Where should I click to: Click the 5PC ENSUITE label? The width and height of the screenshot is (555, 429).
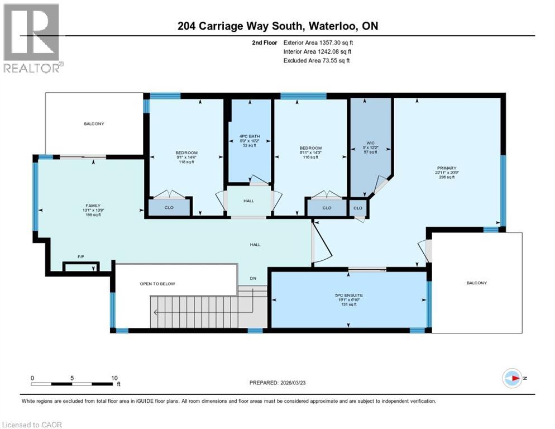(348, 294)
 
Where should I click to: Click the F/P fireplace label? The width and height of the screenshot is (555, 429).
(82, 258)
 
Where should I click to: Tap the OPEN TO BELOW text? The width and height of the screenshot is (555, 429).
(157, 284)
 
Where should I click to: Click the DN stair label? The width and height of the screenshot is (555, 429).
(252, 279)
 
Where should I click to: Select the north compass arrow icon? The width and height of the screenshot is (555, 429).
(511, 378)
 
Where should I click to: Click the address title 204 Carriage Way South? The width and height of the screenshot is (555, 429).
(277, 26)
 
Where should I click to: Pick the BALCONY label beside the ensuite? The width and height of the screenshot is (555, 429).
(476, 283)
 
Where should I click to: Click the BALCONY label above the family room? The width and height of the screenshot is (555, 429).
(94, 123)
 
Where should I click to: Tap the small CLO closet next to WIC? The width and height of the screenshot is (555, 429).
(357, 208)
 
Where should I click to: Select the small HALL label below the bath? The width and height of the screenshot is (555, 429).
(248, 201)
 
